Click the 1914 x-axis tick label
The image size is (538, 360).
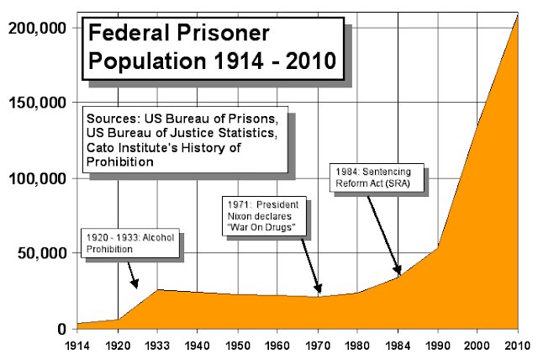(x=78, y=345)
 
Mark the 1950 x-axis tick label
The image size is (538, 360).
(x=239, y=345)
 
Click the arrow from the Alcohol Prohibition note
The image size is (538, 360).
(x=131, y=274)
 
